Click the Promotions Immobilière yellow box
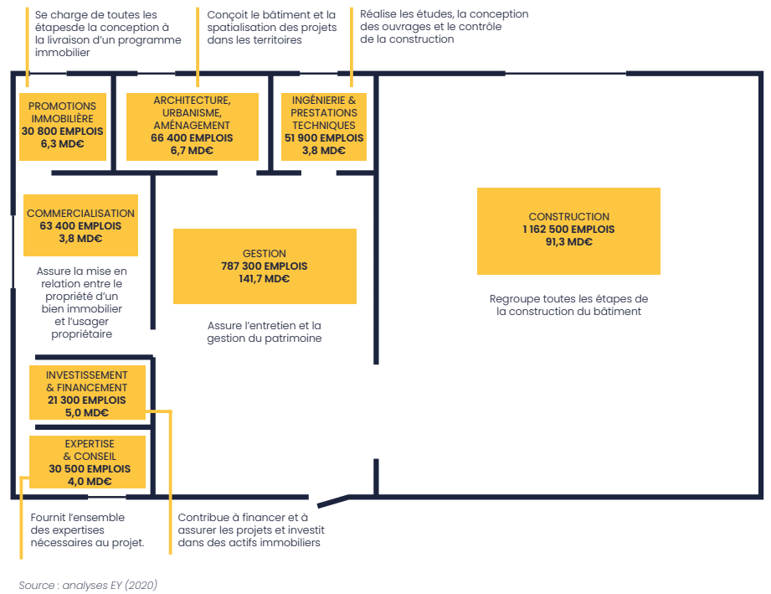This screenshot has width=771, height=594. point(63,127)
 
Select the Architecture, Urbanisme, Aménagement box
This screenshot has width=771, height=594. point(193,127)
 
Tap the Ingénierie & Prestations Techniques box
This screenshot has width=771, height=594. point(323,127)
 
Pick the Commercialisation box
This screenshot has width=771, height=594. point(80,225)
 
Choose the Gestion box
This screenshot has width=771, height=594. point(265,266)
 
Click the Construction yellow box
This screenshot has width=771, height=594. point(568,230)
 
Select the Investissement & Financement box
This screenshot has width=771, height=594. point(88,392)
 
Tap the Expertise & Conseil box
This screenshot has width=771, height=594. point(88,462)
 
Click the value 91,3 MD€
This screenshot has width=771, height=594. point(569,241)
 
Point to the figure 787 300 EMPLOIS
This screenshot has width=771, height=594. point(264,266)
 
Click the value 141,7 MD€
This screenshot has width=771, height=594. point(264,279)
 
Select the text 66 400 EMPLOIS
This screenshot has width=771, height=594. point(192,137)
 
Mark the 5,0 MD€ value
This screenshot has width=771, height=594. point(87,413)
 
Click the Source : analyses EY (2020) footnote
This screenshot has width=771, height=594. point(88,585)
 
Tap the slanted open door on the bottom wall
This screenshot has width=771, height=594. point(333,501)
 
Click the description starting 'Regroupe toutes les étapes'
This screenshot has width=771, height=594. point(568,305)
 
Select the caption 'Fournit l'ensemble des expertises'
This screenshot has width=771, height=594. point(88,530)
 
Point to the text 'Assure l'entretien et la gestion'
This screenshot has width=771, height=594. point(264,332)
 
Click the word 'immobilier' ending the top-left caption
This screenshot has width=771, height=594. point(63,53)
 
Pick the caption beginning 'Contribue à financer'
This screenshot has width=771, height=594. point(251,530)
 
